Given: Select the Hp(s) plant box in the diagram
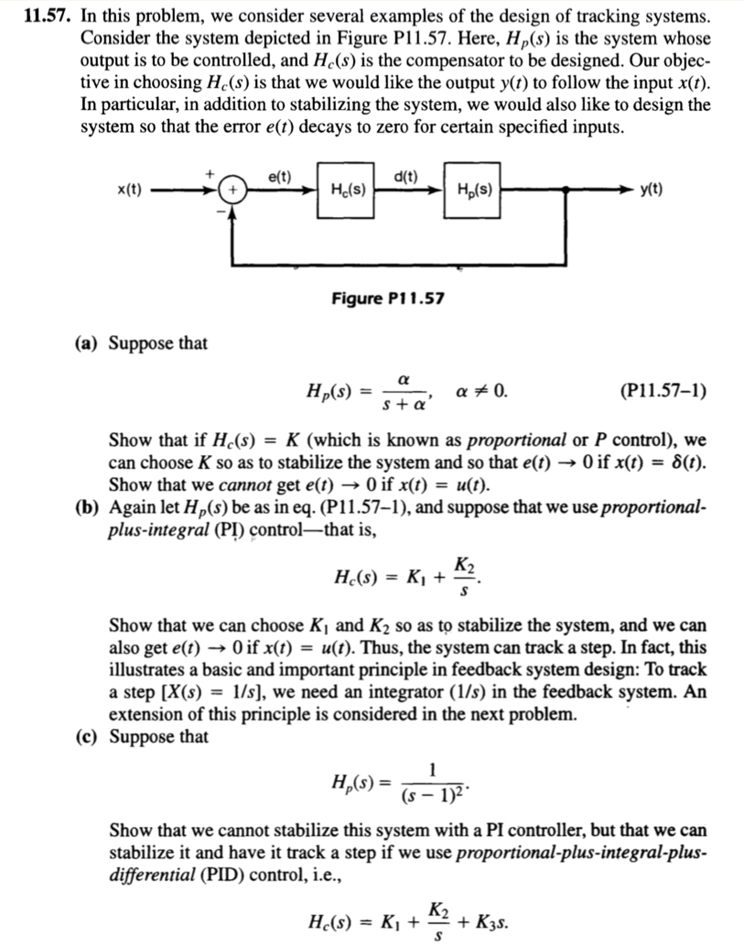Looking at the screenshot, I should [475, 190].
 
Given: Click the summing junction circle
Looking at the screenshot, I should [232, 190].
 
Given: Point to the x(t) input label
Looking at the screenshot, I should [129, 190].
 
